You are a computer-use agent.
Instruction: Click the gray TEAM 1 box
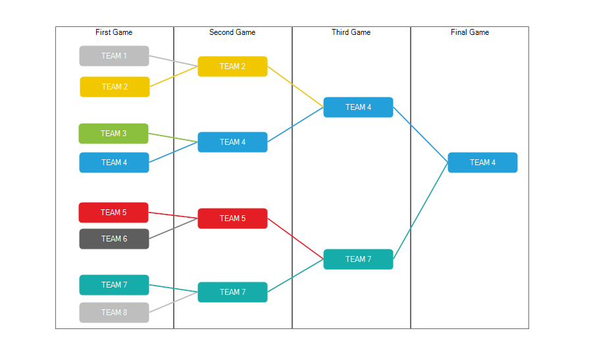tap(114, 56)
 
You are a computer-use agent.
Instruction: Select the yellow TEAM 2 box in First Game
tap(115, 87)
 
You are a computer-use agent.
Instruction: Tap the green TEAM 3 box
tap(113, 134)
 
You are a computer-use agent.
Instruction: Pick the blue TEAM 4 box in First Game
tap(114, 163)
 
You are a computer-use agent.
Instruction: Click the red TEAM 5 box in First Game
tap(113, 213)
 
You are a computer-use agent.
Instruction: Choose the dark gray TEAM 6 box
tap(114, 239)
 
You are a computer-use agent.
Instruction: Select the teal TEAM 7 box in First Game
tap(114, 285)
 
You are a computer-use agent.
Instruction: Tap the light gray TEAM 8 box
tap(114, 313)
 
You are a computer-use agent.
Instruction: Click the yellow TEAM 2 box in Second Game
tap(232, 66)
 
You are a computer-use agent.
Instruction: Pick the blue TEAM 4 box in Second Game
tap(232, 142)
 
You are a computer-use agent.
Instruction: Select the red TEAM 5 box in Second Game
tap(232, 219)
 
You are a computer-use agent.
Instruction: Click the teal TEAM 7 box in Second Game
tap(232, 292)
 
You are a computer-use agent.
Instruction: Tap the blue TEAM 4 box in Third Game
tap(358, 107)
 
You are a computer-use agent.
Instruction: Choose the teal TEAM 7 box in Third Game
tap(358, 259)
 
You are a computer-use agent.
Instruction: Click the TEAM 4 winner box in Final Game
tap(482, 163)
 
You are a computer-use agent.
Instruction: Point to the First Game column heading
tap(114, 32)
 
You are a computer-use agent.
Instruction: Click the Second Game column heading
tap(232, 32)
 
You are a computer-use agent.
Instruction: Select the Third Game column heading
tap(351, 32)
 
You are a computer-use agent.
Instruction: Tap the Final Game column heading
tap(470, 32)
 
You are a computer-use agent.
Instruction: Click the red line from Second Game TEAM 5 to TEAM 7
tap(295, 238)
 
